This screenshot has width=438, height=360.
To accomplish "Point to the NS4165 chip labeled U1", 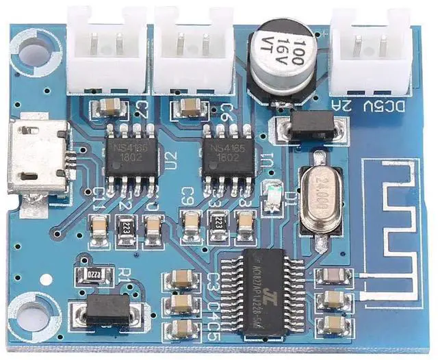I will coord(224,156).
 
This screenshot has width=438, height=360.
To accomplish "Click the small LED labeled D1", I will coord(275,192).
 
